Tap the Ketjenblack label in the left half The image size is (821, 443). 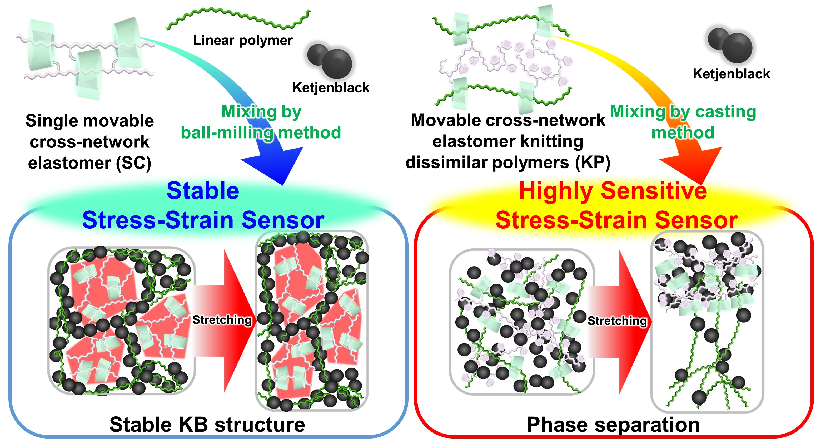coord(331,88)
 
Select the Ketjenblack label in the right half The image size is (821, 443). coord(731,74)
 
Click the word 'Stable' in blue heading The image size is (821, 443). coord(203,191)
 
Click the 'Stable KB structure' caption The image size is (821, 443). coord(207,425)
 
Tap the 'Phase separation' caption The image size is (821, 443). coord(613,425)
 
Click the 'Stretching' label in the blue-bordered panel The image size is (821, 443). coord(222,319)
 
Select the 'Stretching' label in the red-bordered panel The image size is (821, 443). coord(617,321)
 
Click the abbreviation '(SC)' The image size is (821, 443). coord(133,163)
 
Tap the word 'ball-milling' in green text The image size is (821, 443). coord(227,133)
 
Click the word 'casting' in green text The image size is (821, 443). coord(725,112)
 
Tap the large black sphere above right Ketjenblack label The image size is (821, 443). coord(737,48)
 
